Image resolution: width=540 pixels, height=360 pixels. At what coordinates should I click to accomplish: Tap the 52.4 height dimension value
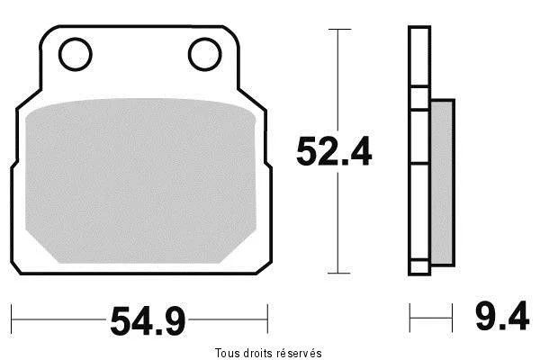tap(334, 151)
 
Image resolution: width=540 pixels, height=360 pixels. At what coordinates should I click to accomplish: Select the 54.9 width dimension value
tap(148, 321)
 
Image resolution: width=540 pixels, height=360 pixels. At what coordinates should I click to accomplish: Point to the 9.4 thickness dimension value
tap(502, 316)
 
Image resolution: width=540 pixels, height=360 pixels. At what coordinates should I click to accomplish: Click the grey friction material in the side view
tap(443, 183)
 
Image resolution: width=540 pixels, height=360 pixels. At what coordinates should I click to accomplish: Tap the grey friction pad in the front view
tap(140, 181)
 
